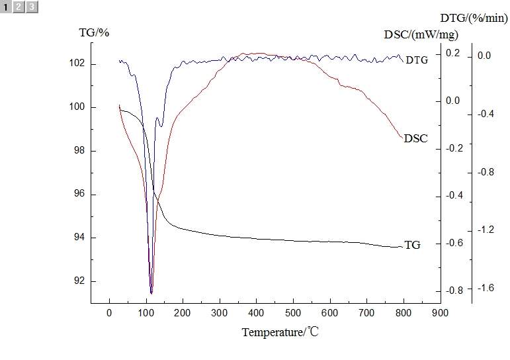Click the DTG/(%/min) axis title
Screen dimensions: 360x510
(474, 18)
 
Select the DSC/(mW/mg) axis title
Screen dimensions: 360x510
(421, 34)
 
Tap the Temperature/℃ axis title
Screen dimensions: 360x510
(280, 332)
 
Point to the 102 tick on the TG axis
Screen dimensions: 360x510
(77, 64)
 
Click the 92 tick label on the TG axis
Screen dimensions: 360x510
(80, 281)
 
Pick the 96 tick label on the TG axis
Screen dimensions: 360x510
(80, 195)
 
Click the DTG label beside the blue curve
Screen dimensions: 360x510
(417, 60)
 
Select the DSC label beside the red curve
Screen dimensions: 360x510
(415, 139)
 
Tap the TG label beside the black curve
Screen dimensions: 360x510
(412, 245)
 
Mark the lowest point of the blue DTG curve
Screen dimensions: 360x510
(151, 293)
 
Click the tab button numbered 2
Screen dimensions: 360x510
(19, 7)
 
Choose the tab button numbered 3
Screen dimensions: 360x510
(31, 7)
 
